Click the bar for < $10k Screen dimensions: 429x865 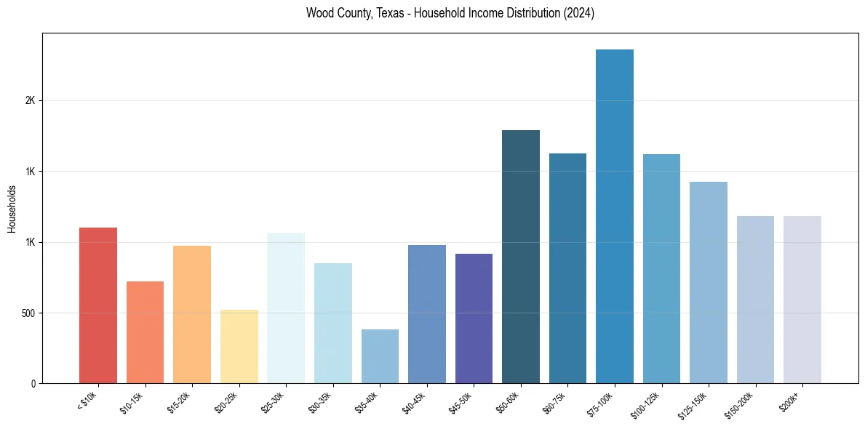coord(98,305)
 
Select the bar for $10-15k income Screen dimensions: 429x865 coord(145,332)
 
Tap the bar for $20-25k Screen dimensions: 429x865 coord(239,347)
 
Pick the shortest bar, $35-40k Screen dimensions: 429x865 coord(380,356)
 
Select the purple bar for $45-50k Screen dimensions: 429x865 coord(474,318)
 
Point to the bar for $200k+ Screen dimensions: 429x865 coord(802,300)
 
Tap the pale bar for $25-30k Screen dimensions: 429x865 coord(286,308)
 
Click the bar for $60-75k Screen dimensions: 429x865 coord(567,268)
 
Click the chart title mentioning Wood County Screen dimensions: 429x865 coord(450,13)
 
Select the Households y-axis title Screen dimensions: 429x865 coord(12,209)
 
